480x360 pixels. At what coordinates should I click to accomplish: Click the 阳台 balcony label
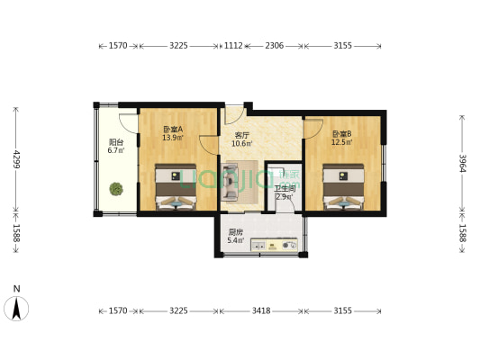click(116, 141)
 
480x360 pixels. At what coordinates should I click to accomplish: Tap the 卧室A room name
click(172, 129)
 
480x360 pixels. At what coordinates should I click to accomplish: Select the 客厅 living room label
click(240, 135)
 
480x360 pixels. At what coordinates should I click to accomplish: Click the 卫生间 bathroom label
click(284, 188)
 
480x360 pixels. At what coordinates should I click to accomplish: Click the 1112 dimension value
click(232, 45)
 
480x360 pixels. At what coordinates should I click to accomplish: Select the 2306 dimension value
click(275, 45)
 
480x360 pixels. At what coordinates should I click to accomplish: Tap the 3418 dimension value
click(260, 310)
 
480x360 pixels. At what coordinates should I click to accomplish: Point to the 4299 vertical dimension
click(14, 159)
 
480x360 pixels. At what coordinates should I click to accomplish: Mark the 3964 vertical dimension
click(462, 162)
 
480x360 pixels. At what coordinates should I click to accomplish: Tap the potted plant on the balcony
click(116, 189)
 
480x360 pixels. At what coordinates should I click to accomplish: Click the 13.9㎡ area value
click(172, 139)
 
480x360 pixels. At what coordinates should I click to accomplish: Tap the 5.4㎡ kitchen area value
click(234, 241)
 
